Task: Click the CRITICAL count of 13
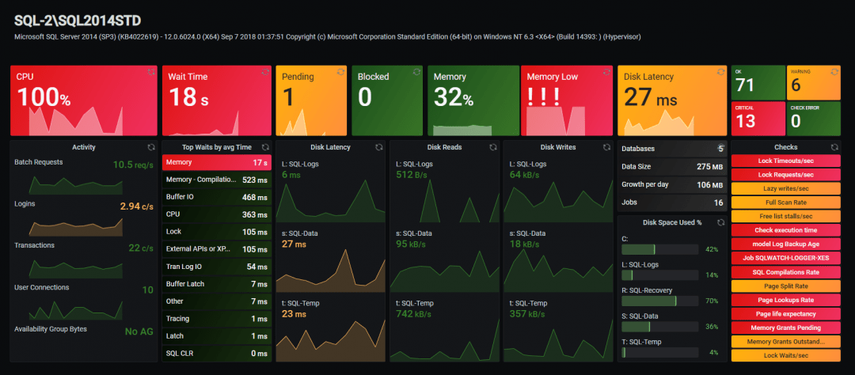click(x=745, y=120)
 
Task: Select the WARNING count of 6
click(x=796, y=85)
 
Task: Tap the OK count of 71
click(x=745, y=85)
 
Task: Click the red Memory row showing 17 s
click(x=216, y=162)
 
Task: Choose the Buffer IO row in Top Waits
click(x=216, y=197)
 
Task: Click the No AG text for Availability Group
click(x=139, y=331)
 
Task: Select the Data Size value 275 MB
click(x=709, y=167)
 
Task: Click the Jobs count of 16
click(x=718, y=203)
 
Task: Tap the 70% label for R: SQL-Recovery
click(x=711, y=301)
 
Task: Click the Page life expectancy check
click(x=785, y=314)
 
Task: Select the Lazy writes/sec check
click(x=785, y=188)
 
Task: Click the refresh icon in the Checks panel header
click(x=834, y=147)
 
